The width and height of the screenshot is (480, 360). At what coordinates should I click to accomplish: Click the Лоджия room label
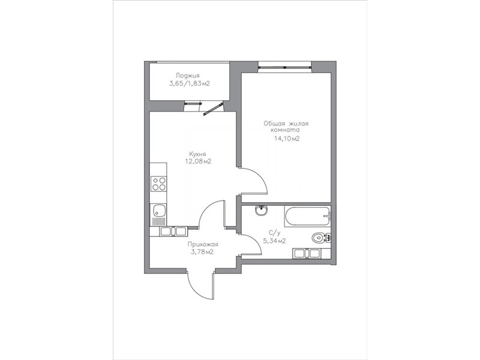[188, 76]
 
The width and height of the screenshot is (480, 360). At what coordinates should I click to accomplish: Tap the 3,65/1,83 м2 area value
[190, 83]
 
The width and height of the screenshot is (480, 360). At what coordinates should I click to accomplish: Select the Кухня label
[197, 154]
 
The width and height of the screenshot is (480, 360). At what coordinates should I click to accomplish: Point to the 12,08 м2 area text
[198, 161]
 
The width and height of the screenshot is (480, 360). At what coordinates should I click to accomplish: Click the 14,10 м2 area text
[287, 139]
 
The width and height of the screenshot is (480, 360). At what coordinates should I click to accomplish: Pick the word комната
[286, 130]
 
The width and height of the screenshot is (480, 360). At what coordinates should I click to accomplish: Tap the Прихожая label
[203, 245]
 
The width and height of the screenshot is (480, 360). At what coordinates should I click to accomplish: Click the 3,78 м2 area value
[202, 252]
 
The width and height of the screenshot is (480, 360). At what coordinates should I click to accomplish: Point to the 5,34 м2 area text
[275, 241]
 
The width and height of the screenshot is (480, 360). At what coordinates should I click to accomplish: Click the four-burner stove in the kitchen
[159, 184]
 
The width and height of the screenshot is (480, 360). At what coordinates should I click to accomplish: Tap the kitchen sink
[158, 211]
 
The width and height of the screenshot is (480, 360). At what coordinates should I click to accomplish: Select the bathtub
[307, 216]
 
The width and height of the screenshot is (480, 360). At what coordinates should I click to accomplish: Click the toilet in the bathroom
[320, 238]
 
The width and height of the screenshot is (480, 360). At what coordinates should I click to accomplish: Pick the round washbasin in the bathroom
[261, 211]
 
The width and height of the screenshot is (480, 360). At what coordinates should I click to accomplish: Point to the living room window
[284, 67]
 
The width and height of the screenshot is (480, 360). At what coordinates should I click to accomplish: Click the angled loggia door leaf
[212, 110]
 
